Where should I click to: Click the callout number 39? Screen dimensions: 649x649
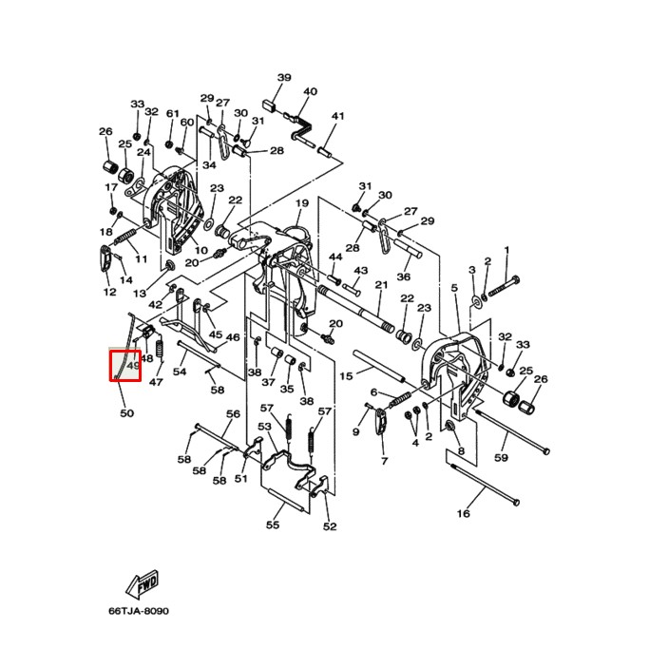284,77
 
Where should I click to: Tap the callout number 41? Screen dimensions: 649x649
337,117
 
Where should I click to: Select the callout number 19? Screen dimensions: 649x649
302,204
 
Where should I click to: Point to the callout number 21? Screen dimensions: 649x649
381,285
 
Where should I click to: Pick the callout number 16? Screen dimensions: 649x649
464,514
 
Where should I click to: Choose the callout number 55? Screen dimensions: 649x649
273,525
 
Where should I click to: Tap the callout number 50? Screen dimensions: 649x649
126,413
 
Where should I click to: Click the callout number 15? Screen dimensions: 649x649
346,376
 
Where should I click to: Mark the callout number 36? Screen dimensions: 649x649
403,277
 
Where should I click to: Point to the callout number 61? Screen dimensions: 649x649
172,114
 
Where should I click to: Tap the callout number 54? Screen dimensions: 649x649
179,371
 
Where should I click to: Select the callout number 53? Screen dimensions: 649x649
265,428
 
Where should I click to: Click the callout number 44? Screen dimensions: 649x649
335,258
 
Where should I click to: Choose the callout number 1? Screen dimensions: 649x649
506,250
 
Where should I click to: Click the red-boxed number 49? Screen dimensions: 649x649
133,366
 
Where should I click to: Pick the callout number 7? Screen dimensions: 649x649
384,461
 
